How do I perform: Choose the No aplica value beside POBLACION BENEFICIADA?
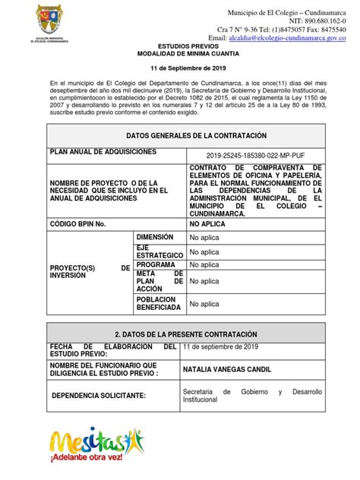[x=205, y=304]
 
